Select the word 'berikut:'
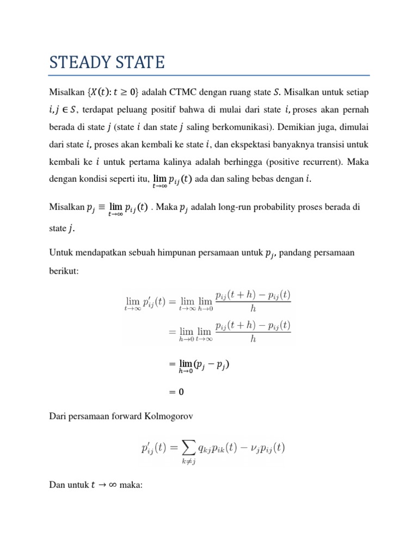point(64,270)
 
